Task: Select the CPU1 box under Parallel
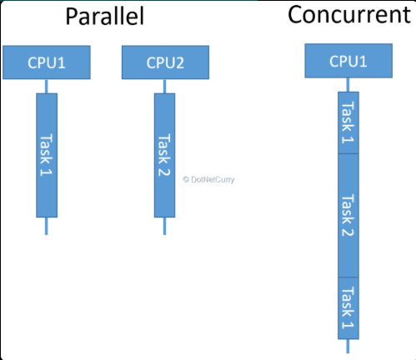point(47,62)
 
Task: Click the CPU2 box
point(164,62)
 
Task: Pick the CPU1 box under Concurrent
point(348,60)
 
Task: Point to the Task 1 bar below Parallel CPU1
point(47,154)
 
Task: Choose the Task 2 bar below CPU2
point(164,154)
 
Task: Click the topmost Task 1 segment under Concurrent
point(348,122)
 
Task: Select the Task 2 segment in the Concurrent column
point(348,215)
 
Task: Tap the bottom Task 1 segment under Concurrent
point(348,307)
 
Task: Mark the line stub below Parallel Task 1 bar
point(47,226)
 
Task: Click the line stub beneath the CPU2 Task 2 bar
point(164,226)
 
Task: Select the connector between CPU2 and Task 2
point(164,86)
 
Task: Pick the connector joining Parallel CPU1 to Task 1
point(47,86)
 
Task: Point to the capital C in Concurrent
point(296,15)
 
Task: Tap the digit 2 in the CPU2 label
point(179,62)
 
